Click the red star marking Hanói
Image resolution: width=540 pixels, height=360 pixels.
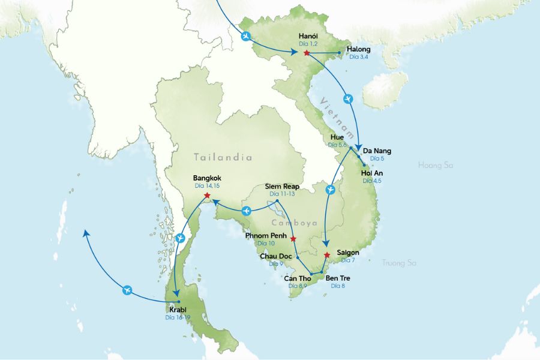tap(307, 53)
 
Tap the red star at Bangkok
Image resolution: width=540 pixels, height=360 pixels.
tap(207, 196)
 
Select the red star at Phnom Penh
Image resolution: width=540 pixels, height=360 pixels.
tap(293, 239)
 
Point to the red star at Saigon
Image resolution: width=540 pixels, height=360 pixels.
tap(326, 255)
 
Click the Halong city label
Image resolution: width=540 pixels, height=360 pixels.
tap(359, 49)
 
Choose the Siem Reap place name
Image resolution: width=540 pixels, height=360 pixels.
tap(283, 187)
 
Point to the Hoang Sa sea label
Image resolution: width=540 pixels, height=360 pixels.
tap(436, 164)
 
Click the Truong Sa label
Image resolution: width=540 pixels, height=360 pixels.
tap(399, 262)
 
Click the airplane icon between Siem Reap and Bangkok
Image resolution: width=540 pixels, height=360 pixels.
tap(246, 211)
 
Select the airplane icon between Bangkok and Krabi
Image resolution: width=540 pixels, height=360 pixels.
tap(181, 239)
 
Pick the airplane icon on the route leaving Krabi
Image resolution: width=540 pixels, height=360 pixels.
tap(126, 290)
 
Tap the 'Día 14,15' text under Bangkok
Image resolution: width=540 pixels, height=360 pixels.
tap(208, 186)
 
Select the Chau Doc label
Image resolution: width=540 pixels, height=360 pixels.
tap(275, 256)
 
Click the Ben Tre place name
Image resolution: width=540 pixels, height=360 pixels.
tap(338, 278)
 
